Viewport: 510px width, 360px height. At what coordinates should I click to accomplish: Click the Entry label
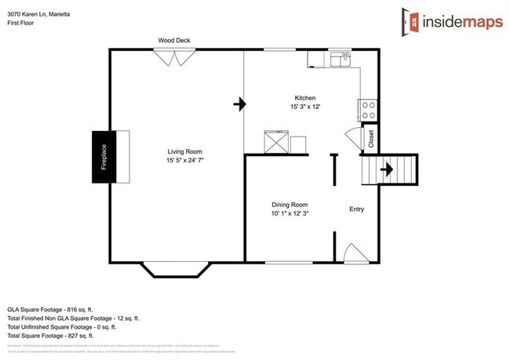[356, 209]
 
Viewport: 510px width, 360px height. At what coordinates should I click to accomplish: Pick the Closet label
[370, 139]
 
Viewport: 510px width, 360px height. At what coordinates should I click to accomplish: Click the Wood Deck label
[174, 41]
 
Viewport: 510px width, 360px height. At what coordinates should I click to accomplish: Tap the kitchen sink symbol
[341, 60]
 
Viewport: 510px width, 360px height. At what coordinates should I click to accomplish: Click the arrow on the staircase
[386, 168]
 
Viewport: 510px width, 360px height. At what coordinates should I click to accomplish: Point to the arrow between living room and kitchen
[238, 102]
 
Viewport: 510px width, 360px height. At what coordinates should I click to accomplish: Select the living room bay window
[175, 269]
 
